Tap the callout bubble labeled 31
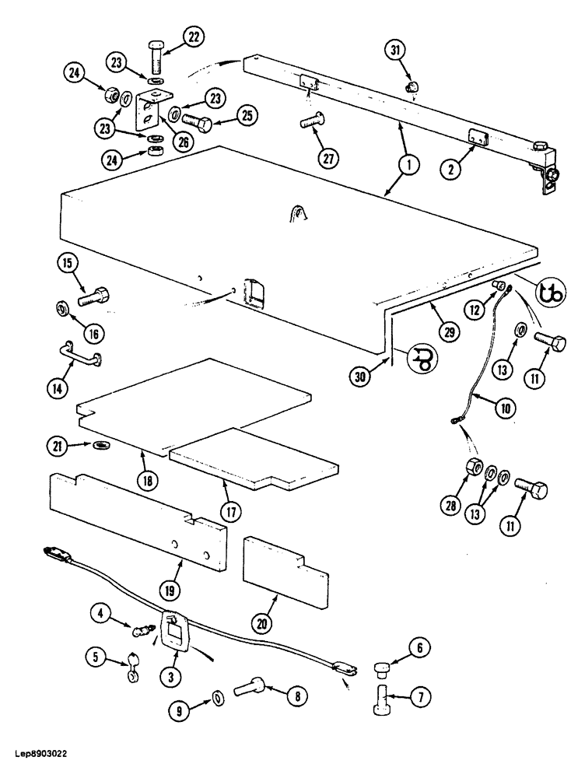tap(396, 51)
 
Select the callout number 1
tap(408, 164)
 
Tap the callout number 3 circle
tap(170, 677)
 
